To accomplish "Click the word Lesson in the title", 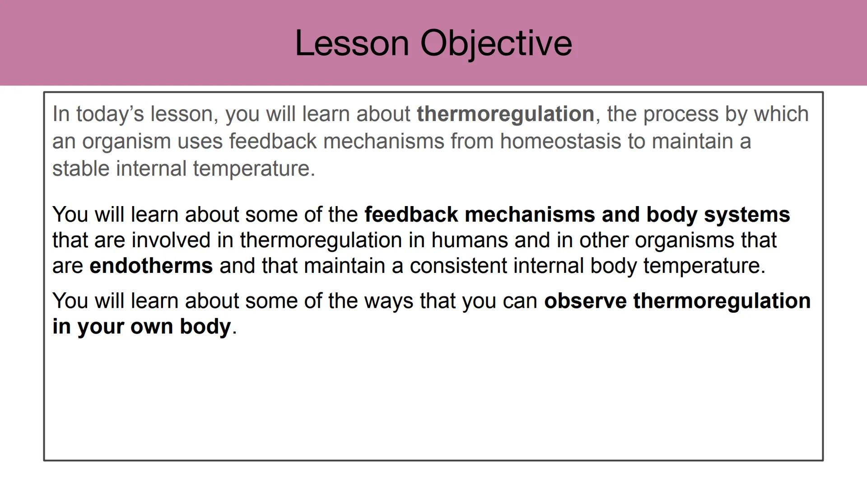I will [352, 43].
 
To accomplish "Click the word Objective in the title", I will [496, 43].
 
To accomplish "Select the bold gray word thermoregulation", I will [505, 114].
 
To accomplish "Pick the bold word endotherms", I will [151, 266].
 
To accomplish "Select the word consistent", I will [458, 266].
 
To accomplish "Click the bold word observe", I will [585, 301].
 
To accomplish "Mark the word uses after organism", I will [200, 141].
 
